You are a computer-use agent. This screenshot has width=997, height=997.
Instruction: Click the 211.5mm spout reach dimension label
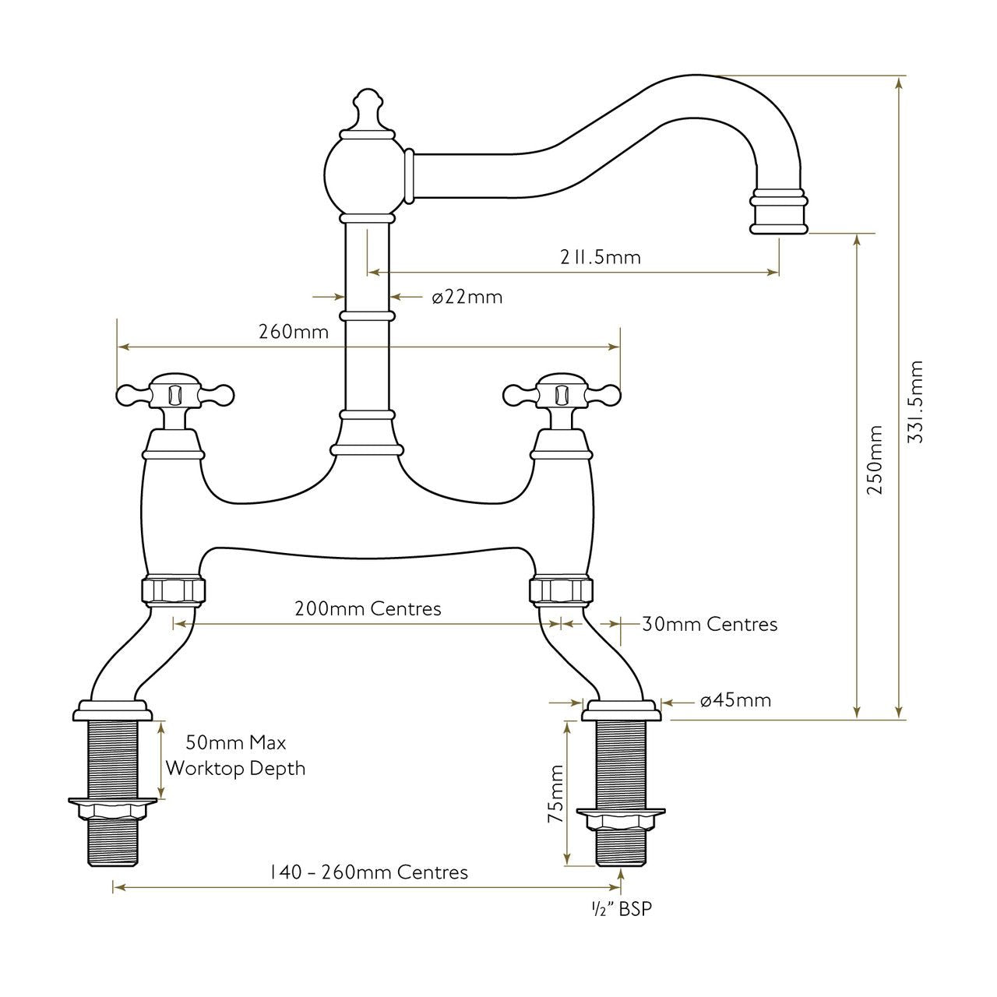click(601, 256)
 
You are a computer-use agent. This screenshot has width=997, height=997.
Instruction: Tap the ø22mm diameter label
click(467, 297)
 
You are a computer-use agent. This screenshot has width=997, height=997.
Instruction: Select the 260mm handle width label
click(294, 331)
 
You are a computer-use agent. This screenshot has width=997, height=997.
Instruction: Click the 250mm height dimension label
click(876, 460)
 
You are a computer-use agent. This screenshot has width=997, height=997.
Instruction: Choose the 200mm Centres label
click(368, 608)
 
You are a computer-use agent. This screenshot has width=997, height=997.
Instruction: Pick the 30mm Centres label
click(710, 624)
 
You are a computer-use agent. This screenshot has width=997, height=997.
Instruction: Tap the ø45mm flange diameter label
click(735, 700)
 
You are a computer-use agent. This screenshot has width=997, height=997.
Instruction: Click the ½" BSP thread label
click(621, 909)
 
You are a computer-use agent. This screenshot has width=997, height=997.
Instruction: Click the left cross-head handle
click(175, 394)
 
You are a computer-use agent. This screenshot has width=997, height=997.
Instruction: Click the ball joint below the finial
click(365, 176)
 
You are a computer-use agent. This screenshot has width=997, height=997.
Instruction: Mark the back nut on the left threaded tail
click(112, 808)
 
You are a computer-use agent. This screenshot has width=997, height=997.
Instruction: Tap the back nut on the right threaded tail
click(621, 819)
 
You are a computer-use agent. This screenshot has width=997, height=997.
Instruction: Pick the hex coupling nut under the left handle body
click(175, 590)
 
